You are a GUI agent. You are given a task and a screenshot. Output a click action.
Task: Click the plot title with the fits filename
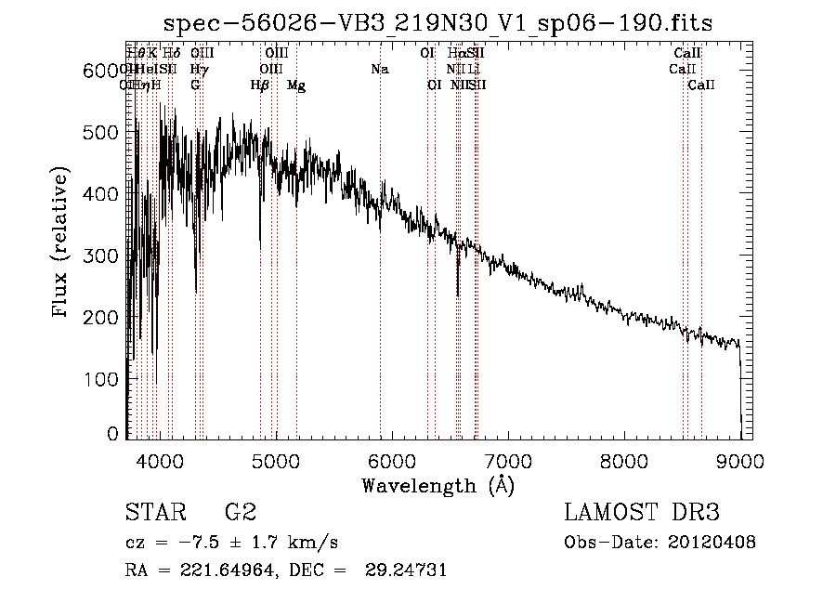click(x=438, y=24)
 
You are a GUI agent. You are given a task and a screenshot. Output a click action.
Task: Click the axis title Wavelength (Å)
click(x=438, y=486)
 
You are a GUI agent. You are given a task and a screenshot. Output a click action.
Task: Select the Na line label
click(x=379, y=70)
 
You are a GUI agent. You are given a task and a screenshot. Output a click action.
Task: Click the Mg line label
click(x=296, y=85)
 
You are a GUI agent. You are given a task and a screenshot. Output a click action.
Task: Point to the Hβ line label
click(x=260, y=85)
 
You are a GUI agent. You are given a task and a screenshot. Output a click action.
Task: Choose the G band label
click(x=195, y=85)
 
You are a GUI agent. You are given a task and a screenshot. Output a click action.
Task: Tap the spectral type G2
click(x=241, y=513)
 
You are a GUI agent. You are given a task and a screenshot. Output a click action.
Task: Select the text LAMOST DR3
click(x=642, y=513)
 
